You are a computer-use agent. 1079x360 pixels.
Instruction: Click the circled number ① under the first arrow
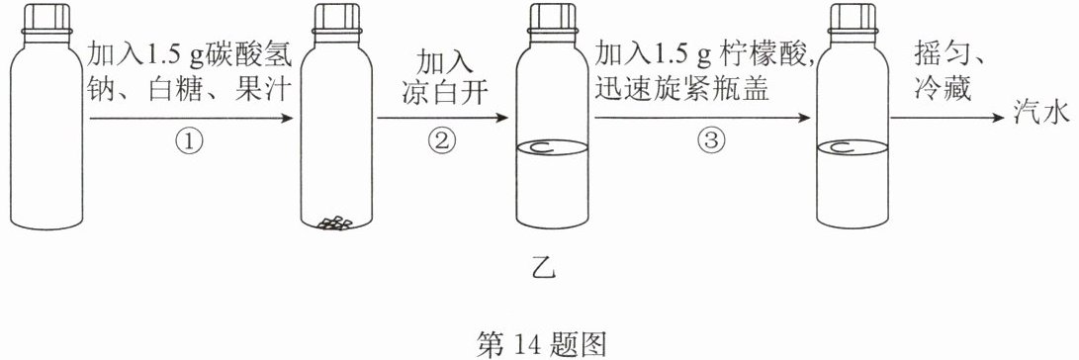pos(191,142)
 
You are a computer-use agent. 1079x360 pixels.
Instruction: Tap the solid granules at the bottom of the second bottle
pos(334,223)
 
